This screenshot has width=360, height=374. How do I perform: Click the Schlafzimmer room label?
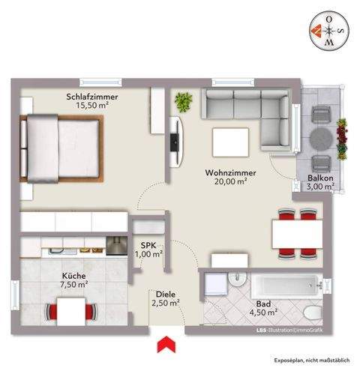[x=92, y=97]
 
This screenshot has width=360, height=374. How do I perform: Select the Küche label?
[x=73, y=274]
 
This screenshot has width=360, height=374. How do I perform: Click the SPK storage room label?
[x=148, y=244]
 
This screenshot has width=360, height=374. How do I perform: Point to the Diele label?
[x=166, y=294]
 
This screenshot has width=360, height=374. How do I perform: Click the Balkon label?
[x=320, y=177]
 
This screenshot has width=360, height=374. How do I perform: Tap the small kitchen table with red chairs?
[x=73, y=310]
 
